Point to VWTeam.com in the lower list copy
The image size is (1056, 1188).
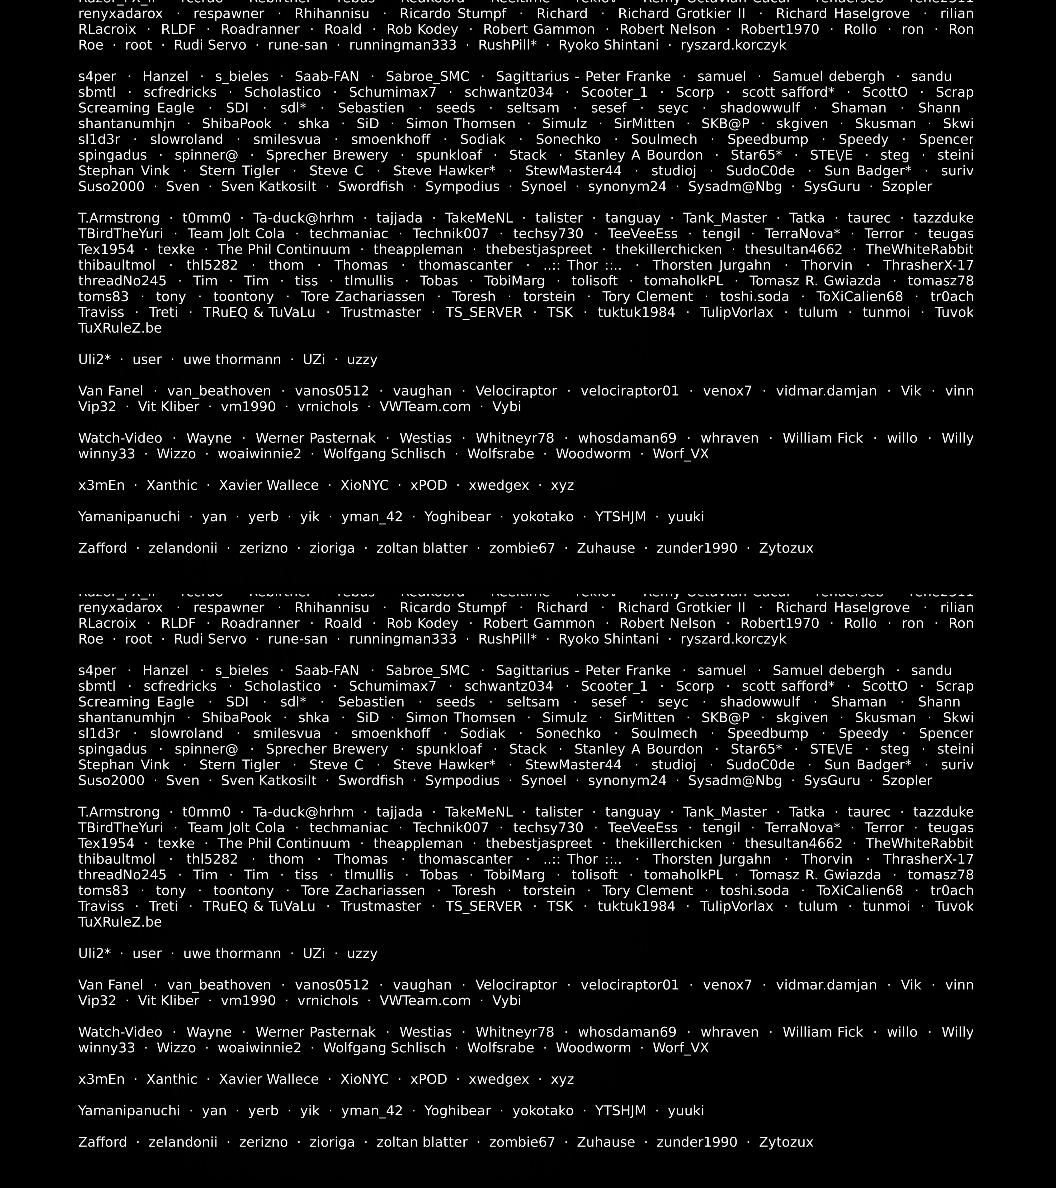(x=425, y=1001)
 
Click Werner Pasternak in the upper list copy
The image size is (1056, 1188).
(x=315, y=438)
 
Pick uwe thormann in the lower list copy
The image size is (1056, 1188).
(x=232, y=954)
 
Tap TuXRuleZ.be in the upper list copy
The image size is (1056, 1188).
(x=120, y=328)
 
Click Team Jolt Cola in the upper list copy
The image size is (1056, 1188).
(x=236, y=234)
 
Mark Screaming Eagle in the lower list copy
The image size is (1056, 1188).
(x=136, y=702)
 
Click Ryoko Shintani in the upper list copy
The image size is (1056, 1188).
(x=609, y=45)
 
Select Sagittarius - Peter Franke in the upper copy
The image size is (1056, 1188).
(x=583, y=77)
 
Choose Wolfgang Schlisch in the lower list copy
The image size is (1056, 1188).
(x=384, y=1048)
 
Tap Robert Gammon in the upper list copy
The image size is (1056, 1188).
(x=539, y=30)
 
